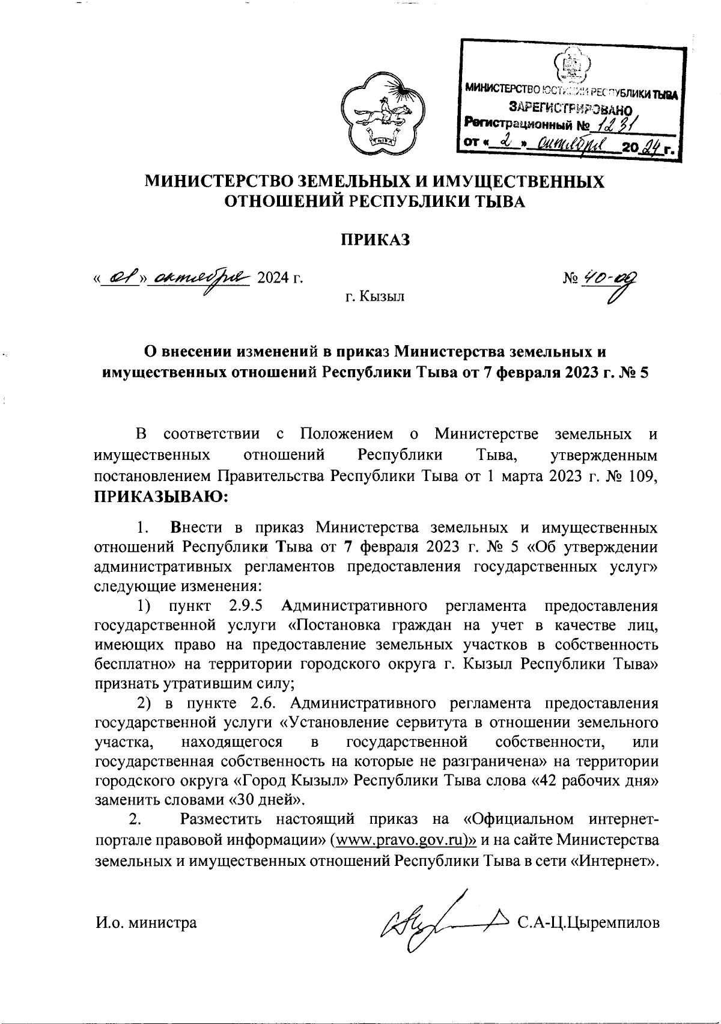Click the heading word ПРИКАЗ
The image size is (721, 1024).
click(376, 240)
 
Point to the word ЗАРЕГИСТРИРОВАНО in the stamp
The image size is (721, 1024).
click(570, 108)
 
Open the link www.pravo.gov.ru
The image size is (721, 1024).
click(406, 841)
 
